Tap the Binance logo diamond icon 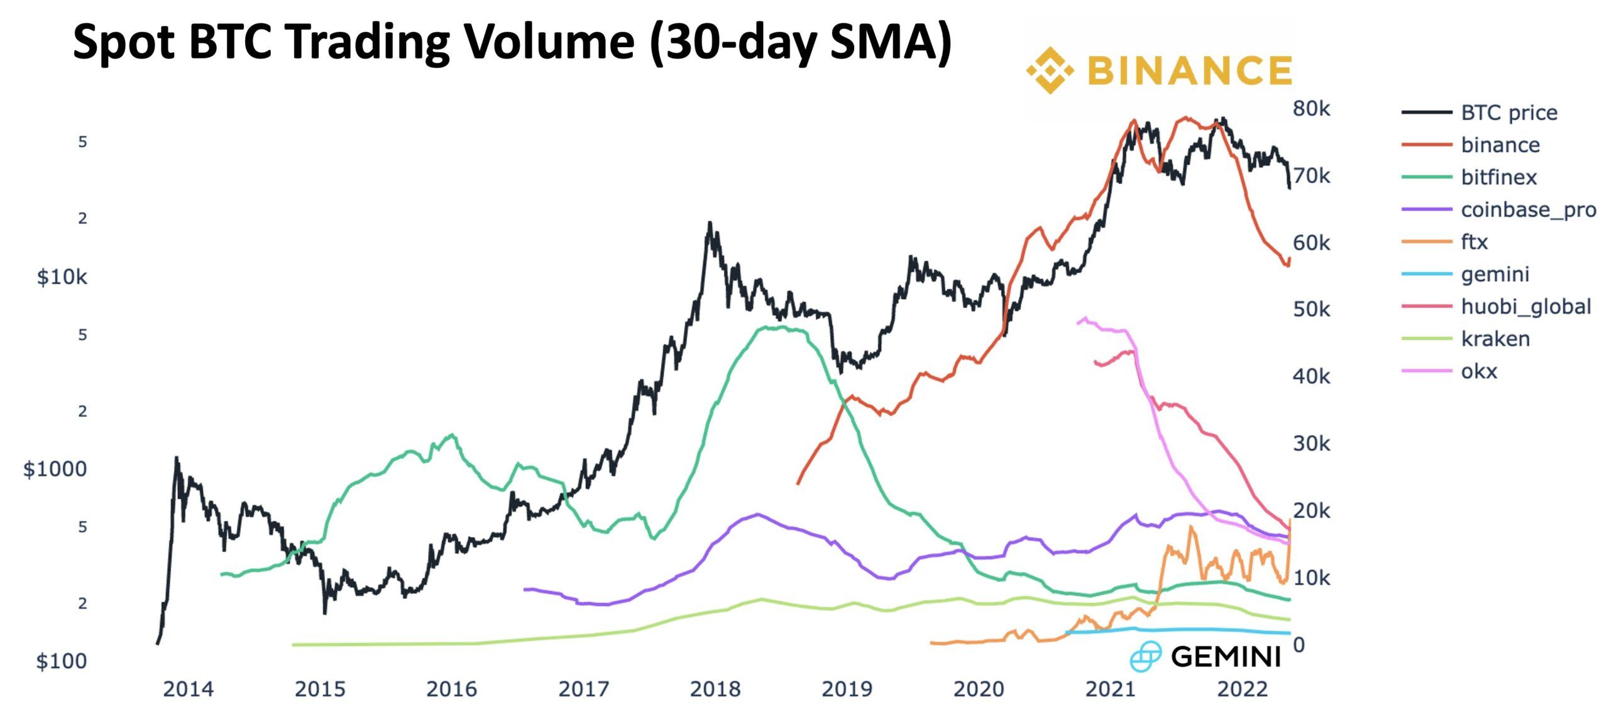click(1050, 70)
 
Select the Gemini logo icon click(1145, 657)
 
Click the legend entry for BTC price click(1508, 113)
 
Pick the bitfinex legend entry click(1498, 177)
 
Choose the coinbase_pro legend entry click(1528, 209)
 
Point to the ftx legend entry click(1474, 242)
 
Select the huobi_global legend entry click(1525, 307)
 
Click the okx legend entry click(1478, 371)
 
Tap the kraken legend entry click(1495, 339)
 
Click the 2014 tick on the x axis click(188, 690)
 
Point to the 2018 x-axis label click(715, 690)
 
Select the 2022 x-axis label click(1242, 690)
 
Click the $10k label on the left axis click(62, 277)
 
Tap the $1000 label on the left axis click(55, 469)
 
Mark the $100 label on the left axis click(61, 661)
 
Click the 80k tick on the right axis click(1311, 109)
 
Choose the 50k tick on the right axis click(1311, 309)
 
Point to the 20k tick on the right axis click(1311, 510)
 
